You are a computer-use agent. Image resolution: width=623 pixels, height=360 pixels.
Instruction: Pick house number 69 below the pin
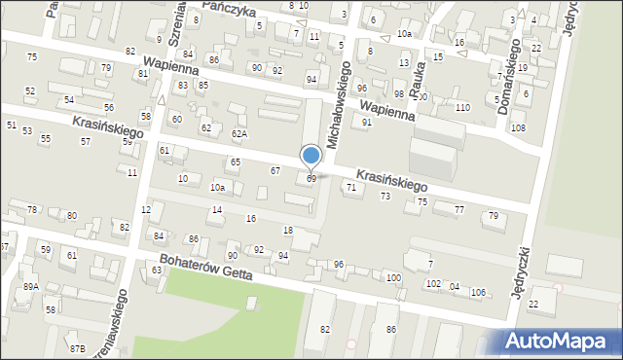311,179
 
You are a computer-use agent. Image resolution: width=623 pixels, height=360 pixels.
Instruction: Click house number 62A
239,133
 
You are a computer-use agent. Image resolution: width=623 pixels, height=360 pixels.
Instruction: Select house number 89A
32,286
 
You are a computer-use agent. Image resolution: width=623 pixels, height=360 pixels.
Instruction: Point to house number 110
462,107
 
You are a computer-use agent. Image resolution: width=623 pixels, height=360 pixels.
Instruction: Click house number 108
518,128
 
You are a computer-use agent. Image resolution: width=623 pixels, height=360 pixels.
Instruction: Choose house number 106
478,293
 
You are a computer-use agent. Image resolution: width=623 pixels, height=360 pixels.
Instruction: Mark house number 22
533,305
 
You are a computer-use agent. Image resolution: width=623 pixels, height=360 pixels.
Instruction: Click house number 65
235,162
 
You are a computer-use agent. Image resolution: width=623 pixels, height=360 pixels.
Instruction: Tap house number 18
287,230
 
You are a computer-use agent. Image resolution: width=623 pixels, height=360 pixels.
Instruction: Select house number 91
366,123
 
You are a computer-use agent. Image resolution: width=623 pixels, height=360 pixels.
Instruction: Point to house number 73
385,197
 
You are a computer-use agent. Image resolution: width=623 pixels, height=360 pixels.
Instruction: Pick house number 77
459,209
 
